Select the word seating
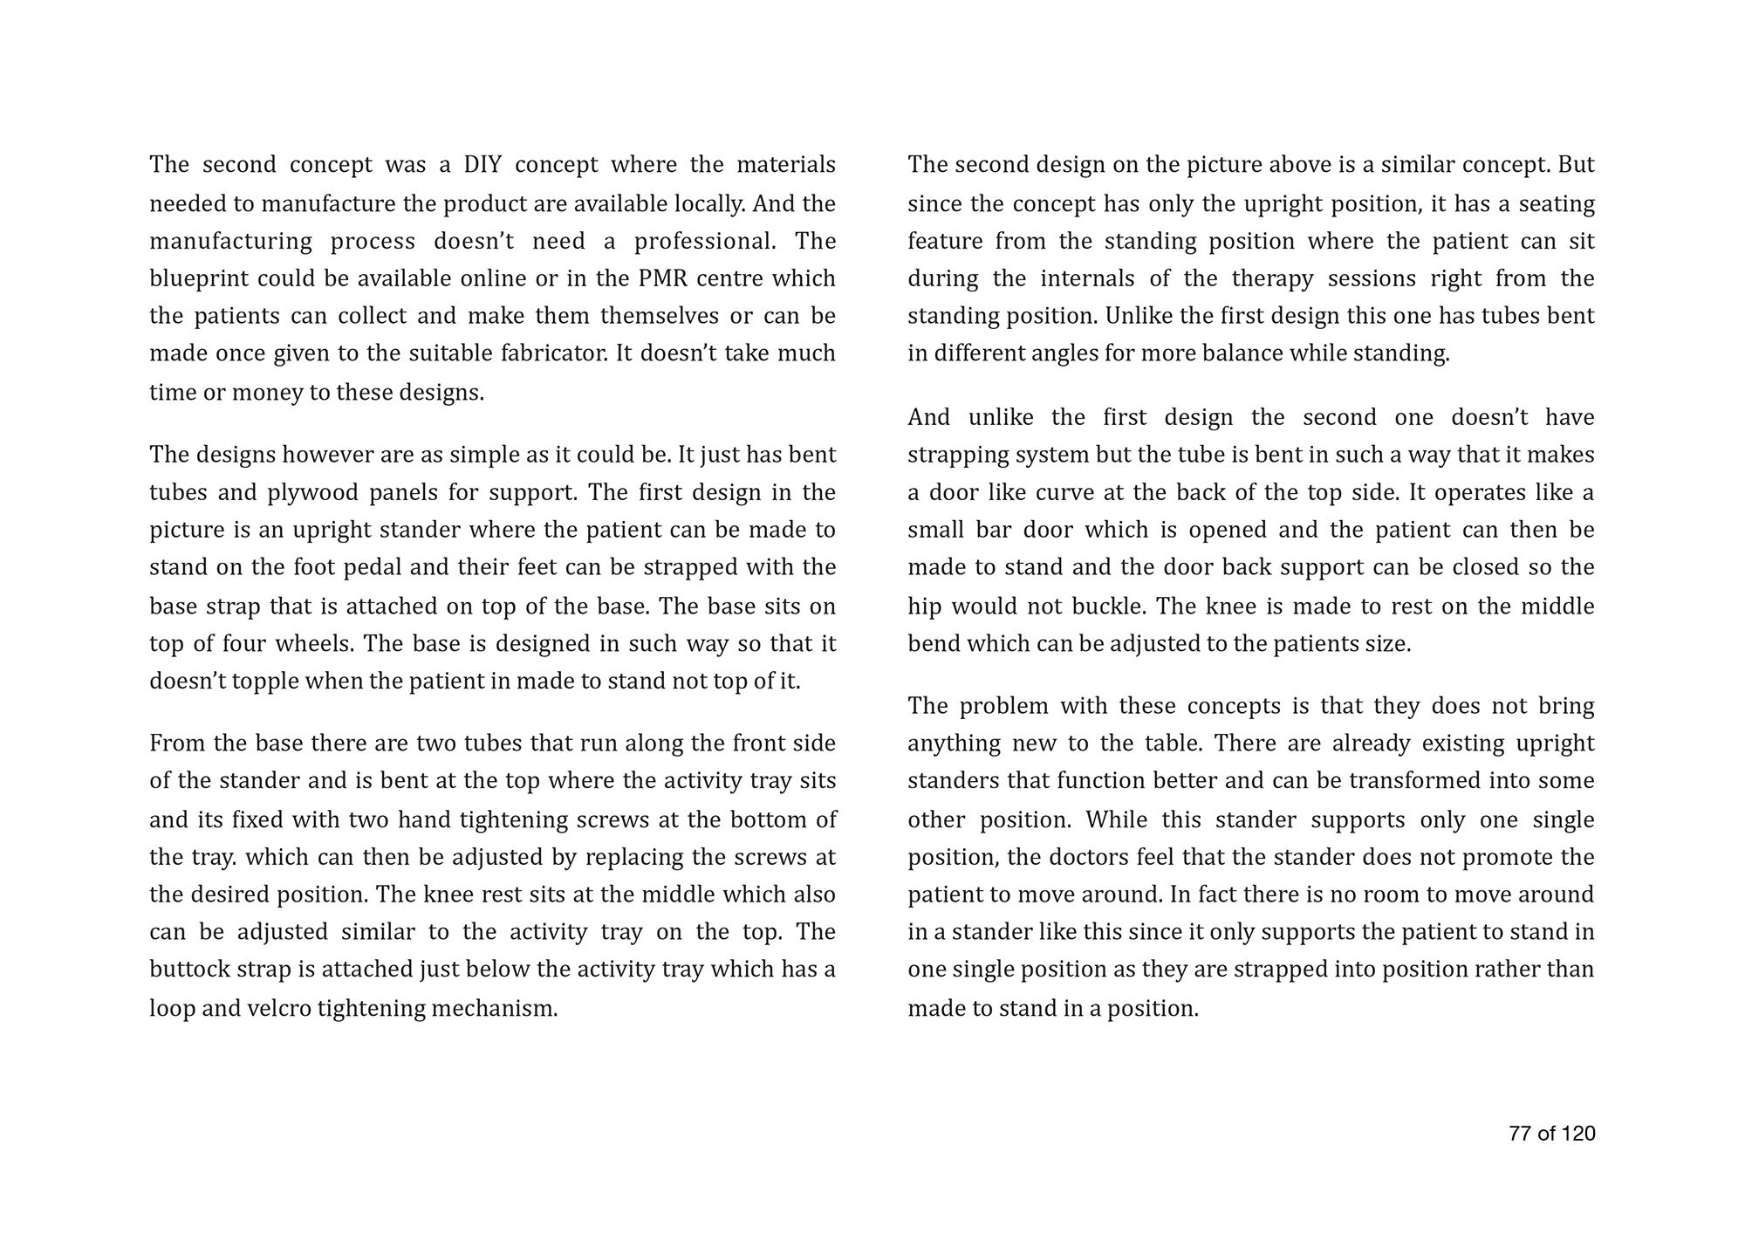(x=1557, y=203)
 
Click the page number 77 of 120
(x=1551, y=1134)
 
